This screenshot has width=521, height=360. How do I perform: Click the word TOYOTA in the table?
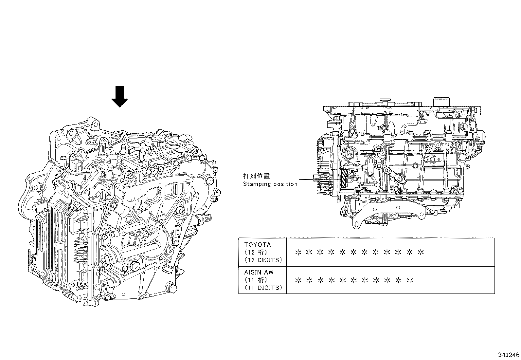point(258,245)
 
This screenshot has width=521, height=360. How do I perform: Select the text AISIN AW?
point(259,272)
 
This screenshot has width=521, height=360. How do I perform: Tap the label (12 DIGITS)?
point(263,260)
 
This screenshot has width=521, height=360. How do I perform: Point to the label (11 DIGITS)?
point(263,288)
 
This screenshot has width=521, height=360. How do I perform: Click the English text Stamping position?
point(270,184)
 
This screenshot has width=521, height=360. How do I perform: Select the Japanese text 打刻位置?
point(257,176)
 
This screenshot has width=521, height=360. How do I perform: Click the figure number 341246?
point(509,355)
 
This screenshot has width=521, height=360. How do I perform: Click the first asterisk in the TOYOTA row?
point(298,253)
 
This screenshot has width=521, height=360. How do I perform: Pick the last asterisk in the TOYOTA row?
point(421,253)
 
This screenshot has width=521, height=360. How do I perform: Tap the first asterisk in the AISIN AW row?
point(298,280)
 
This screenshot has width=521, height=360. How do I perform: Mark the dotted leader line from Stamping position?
point(314,180)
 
